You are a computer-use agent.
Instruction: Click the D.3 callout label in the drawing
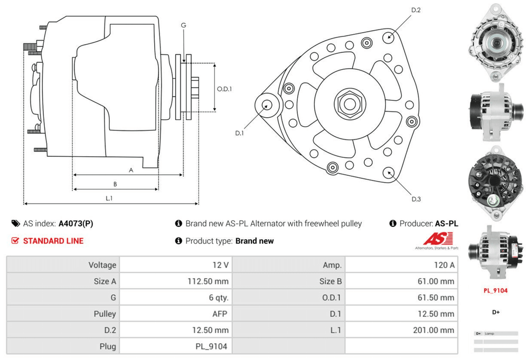point(416,199)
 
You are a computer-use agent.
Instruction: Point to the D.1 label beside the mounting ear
point(239,133)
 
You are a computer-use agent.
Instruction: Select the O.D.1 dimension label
point(224,89)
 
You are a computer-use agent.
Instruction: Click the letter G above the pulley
point(183,25)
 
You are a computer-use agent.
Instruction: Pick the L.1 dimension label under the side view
point(109,198)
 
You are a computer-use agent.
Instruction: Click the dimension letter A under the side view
point(130,170)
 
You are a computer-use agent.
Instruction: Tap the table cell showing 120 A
point(444,264)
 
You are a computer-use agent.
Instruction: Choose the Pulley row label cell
point(105,314)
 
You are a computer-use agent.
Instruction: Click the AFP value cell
point(220,314)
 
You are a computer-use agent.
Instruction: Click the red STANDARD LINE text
point(53,241)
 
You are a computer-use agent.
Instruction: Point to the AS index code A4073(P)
point(76,223)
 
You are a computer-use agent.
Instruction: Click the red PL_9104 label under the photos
point(496,290)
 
